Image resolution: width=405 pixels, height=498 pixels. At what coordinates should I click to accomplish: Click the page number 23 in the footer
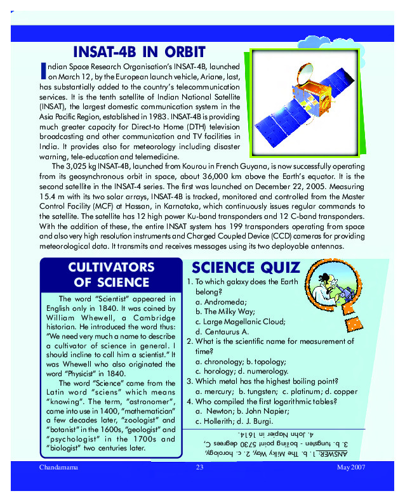tap(199, 468)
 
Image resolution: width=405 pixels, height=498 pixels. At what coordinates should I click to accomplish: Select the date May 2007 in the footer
tap(352, 468)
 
